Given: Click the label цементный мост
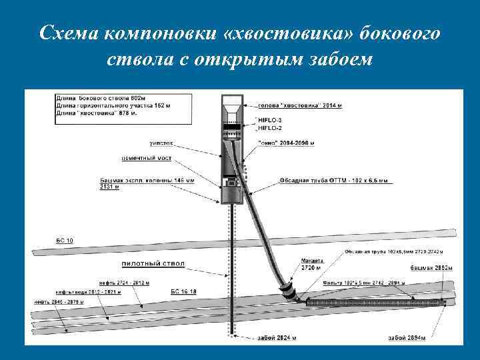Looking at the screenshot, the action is [x=147, y=158].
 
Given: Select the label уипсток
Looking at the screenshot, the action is [x=163, y=142].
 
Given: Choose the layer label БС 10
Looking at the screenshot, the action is [x=65, y=240].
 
